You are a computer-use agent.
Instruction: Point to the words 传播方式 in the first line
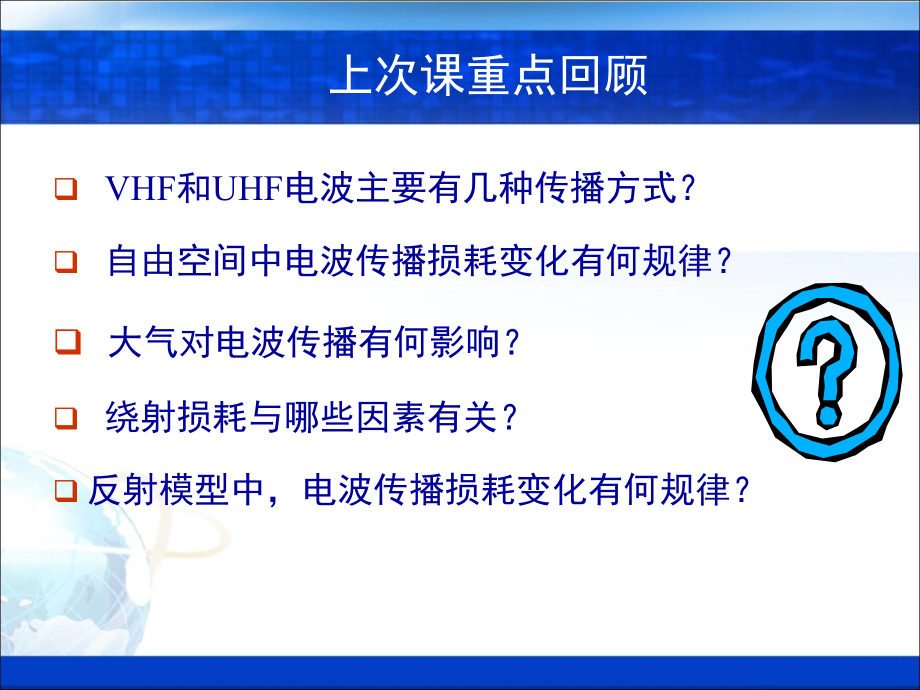(599, 189)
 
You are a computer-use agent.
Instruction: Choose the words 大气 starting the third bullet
(129, 343)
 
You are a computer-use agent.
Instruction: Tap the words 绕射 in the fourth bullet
(129, 418)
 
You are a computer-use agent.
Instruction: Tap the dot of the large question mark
(829, 414)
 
